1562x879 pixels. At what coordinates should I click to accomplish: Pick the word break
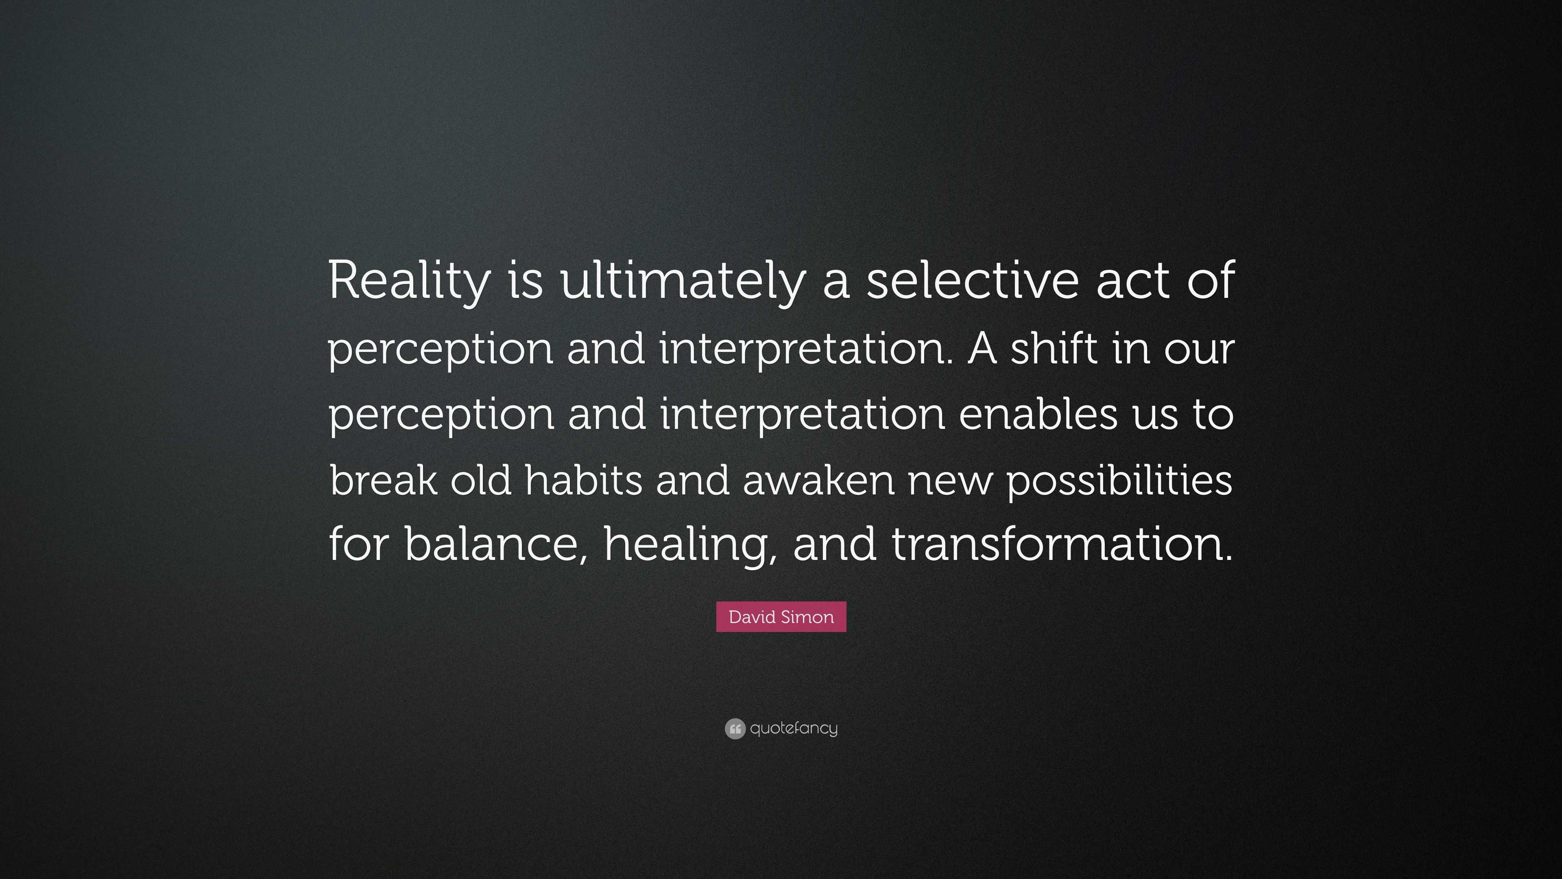click(383, 479)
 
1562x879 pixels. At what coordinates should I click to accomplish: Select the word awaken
click(818, 479)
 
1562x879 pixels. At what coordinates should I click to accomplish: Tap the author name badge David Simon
click(781, 617)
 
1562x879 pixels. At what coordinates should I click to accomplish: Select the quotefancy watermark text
click(794, 728)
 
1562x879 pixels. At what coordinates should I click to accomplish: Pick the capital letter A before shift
click(982, 348)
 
